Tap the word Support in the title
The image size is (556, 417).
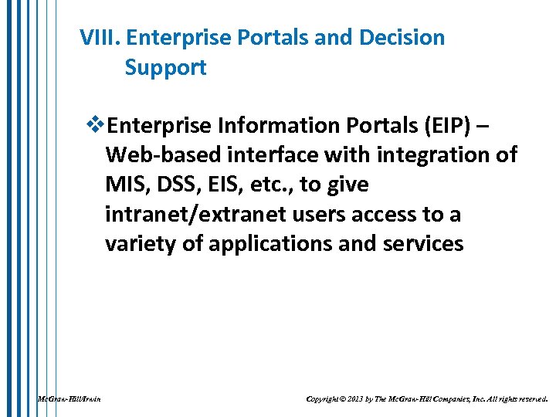(x=165, y=68)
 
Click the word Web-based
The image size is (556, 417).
(x=163, y=155)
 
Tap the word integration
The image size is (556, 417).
(x=432, y=155)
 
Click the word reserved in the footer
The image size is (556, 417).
(x=530, y=399)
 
